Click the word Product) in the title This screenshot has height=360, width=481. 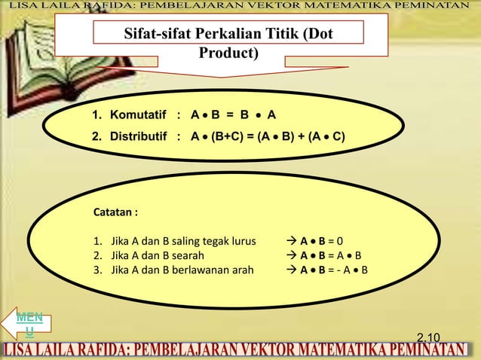point(228,53)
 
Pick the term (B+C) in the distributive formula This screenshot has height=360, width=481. point(228,136)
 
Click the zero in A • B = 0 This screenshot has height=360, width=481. point(340,242)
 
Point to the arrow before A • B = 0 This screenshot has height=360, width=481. point(293,242)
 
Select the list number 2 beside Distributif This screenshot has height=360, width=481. point(96,136)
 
